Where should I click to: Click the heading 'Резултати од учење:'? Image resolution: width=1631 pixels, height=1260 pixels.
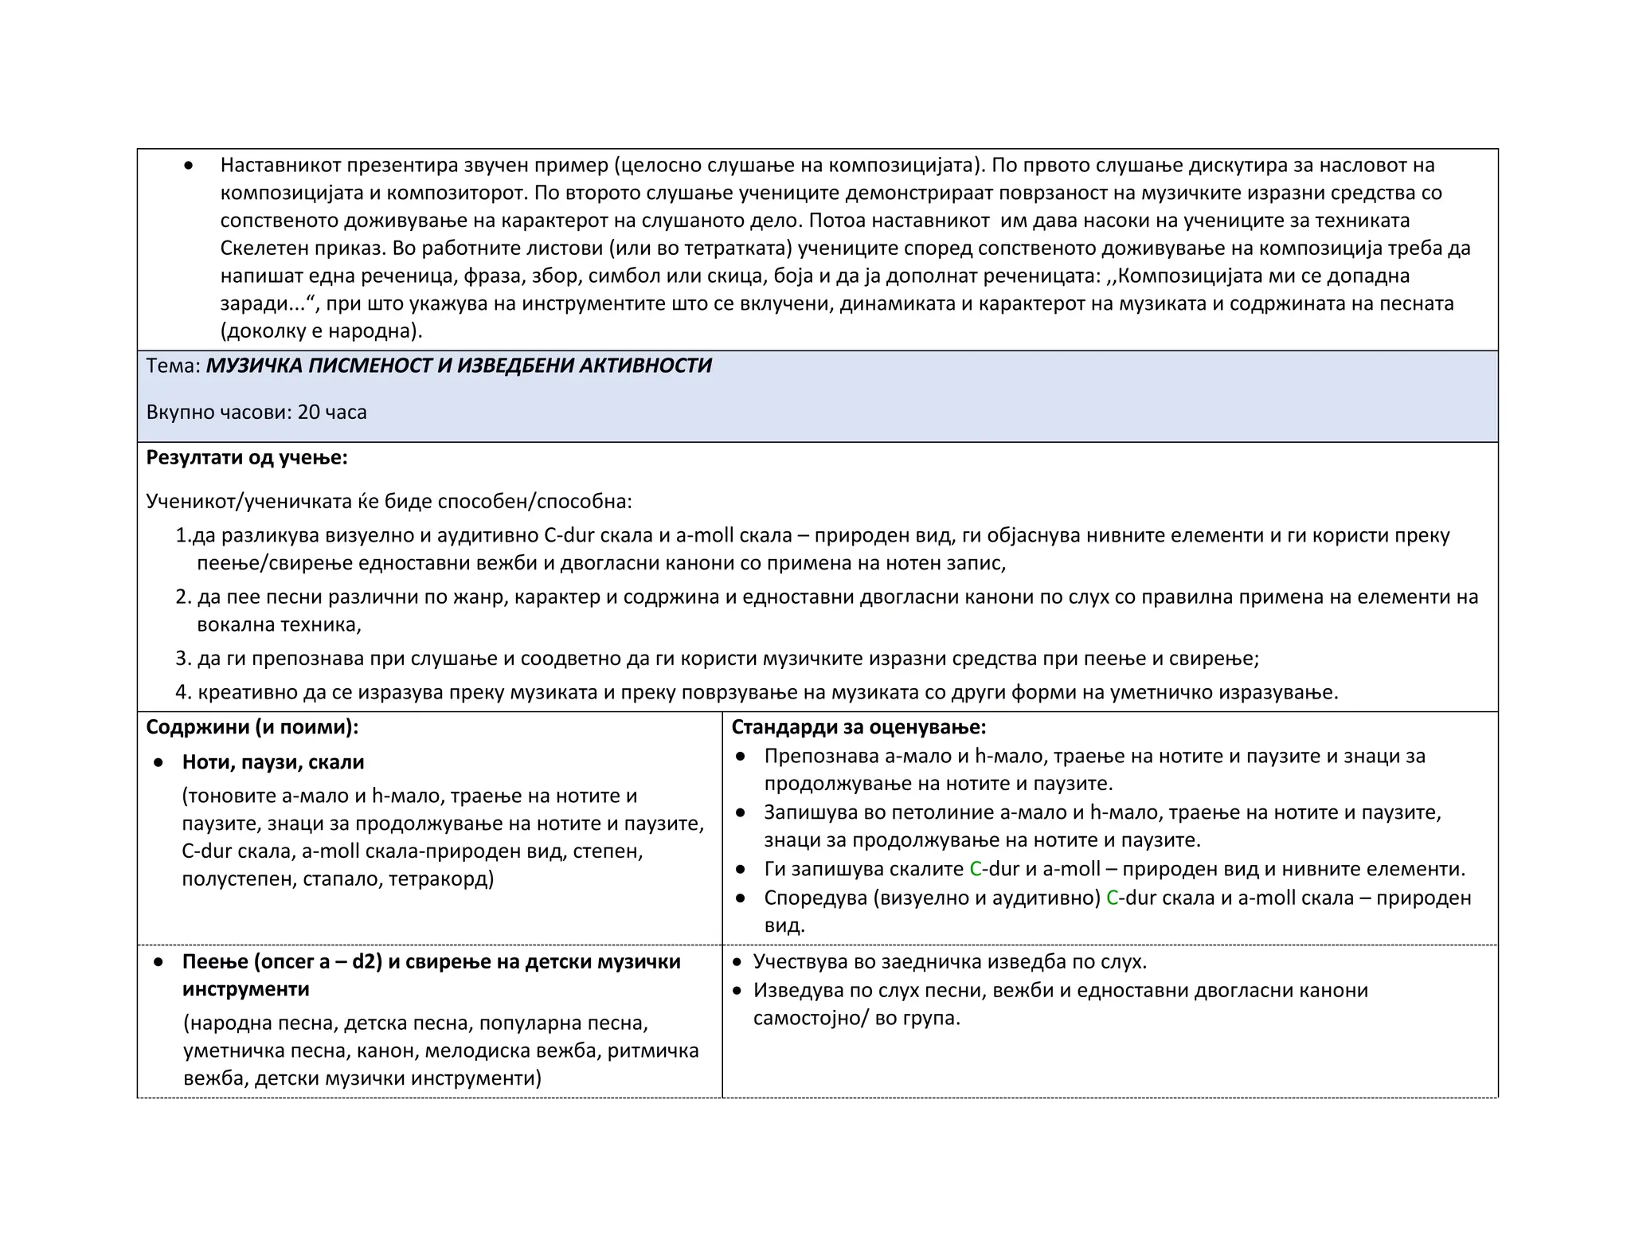[247, 458]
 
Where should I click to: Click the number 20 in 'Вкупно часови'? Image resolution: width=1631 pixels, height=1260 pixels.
[308, 413]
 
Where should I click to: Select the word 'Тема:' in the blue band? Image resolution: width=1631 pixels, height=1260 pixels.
[173, 366]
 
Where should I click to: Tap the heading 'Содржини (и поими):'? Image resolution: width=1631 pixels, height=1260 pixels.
[252, 727]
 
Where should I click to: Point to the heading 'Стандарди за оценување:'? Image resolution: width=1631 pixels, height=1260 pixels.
[859, 727]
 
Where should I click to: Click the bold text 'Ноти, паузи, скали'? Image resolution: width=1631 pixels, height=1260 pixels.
[273, 762]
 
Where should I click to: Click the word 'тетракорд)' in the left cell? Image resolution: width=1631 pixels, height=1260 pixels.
[441, 879]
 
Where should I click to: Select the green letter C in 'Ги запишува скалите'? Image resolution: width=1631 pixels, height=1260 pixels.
[976, 869]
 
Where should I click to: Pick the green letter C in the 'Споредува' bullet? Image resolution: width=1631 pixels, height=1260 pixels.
[1113, 898]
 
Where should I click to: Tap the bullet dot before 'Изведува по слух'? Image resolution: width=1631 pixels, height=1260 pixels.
[737, 991]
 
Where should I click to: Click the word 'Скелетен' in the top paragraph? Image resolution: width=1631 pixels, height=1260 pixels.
[260, 248]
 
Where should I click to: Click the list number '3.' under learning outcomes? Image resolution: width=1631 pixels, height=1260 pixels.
[184, 659]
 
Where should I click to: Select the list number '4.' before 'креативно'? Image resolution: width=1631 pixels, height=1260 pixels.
[184, 692]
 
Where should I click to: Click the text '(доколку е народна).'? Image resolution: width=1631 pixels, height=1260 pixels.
[321, 331]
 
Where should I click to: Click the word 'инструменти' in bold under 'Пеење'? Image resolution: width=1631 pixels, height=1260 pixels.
[245, 989]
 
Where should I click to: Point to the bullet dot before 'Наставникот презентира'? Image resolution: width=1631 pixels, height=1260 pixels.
[188, 166]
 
